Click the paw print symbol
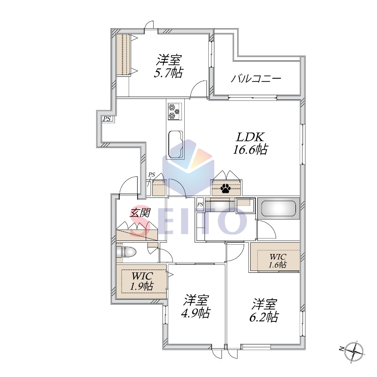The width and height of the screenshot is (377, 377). (x=225, y=188)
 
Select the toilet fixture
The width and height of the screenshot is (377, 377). (x=126, y=253)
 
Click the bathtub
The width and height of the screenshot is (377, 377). (x=279, y=208)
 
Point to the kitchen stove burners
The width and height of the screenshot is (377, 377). (x=174, y=111)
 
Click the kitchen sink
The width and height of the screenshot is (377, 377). (x=175, y=145)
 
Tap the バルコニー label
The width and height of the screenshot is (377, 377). (x=256, y=79)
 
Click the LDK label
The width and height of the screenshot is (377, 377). (x=251, y=137)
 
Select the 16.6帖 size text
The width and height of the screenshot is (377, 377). (x=250, y=150)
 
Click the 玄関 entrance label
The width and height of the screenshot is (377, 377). (x=140, y=213)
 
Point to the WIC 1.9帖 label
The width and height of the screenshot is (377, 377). (x=142, y=281)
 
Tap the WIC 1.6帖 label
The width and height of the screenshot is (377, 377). (x=278, y=261)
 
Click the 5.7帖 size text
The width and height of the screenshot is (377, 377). (x=168, y=73)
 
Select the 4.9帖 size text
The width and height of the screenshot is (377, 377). (x=196, y=313)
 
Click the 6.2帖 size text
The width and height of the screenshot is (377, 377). (x=264, y=317)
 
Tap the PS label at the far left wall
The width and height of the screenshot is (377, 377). (x=107, y=119)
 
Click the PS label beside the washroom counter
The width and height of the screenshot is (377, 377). (x=200, y=205)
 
